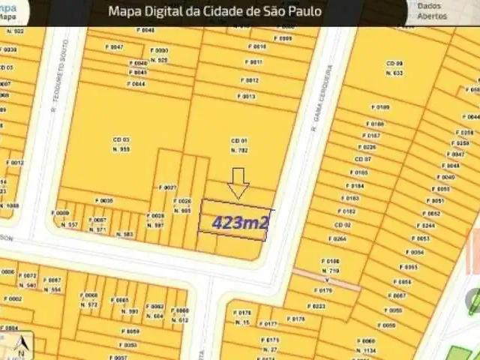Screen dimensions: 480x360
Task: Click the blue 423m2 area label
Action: [240, 222]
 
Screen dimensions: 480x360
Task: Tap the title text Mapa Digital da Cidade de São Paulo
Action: [215, 11]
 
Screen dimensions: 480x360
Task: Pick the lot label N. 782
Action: [239, 150]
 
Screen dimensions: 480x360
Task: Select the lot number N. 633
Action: [395, 73]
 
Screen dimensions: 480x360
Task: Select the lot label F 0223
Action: [316, 306]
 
